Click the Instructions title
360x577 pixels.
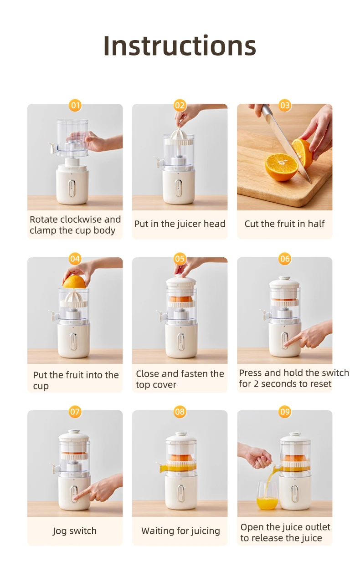(180, 46)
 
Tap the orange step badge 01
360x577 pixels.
(75, 106)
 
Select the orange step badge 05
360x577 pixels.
(180, 259)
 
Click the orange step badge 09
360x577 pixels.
(285, 412)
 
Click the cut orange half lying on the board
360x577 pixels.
(281, 166)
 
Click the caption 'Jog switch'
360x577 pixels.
(75, 531)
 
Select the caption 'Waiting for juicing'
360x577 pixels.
(180, 531)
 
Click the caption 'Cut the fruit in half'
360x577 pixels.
(284, 224)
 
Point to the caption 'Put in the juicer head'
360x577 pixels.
(180, 224)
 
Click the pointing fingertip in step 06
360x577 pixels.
(286, 346)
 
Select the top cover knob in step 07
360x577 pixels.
(74, 431)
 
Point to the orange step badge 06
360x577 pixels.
(285, 259)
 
